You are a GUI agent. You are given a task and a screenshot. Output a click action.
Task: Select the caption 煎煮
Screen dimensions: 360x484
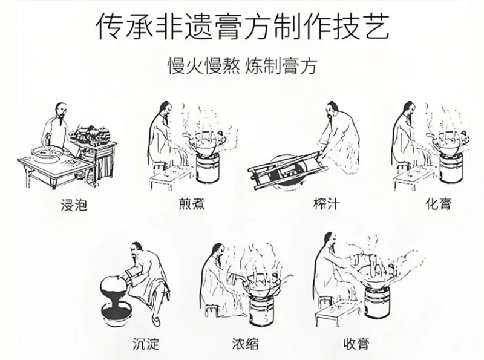[192, 205]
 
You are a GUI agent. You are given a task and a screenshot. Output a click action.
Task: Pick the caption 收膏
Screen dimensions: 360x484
[356, 344]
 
